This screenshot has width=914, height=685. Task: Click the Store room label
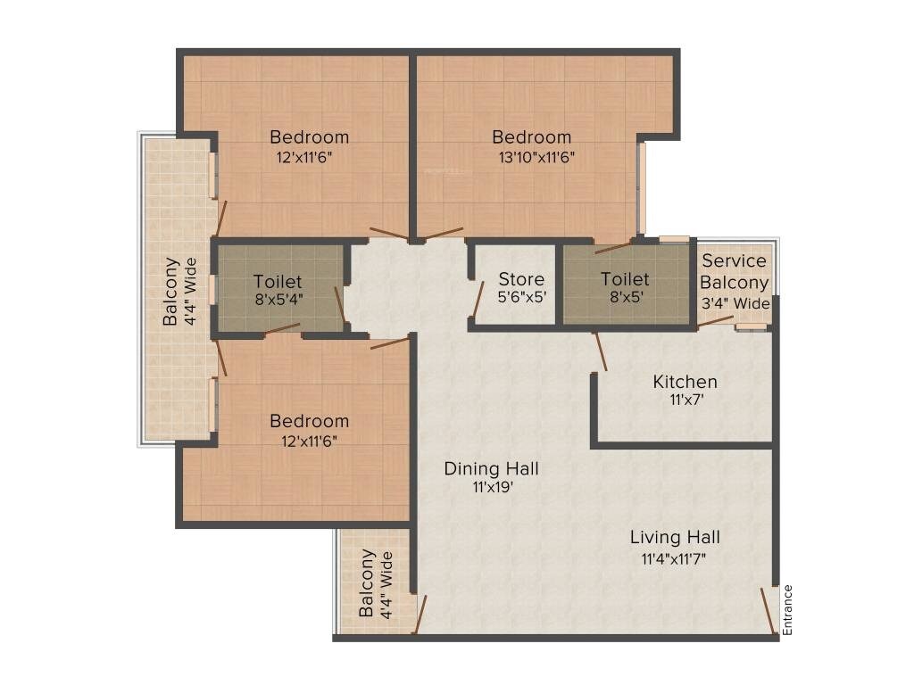521,279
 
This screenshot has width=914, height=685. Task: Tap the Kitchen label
685,382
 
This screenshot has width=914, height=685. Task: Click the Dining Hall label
491,468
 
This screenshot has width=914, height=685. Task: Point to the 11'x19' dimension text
493,488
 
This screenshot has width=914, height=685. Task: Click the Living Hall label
675,537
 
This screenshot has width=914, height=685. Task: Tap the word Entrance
787,610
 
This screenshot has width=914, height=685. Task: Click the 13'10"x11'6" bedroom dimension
532,157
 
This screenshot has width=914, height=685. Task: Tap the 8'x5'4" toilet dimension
278,300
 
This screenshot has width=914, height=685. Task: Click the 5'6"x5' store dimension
521,298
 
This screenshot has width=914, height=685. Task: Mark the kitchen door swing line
601,351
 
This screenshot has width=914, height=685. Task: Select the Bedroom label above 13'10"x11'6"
532,137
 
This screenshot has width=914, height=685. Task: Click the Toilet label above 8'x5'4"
278,281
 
